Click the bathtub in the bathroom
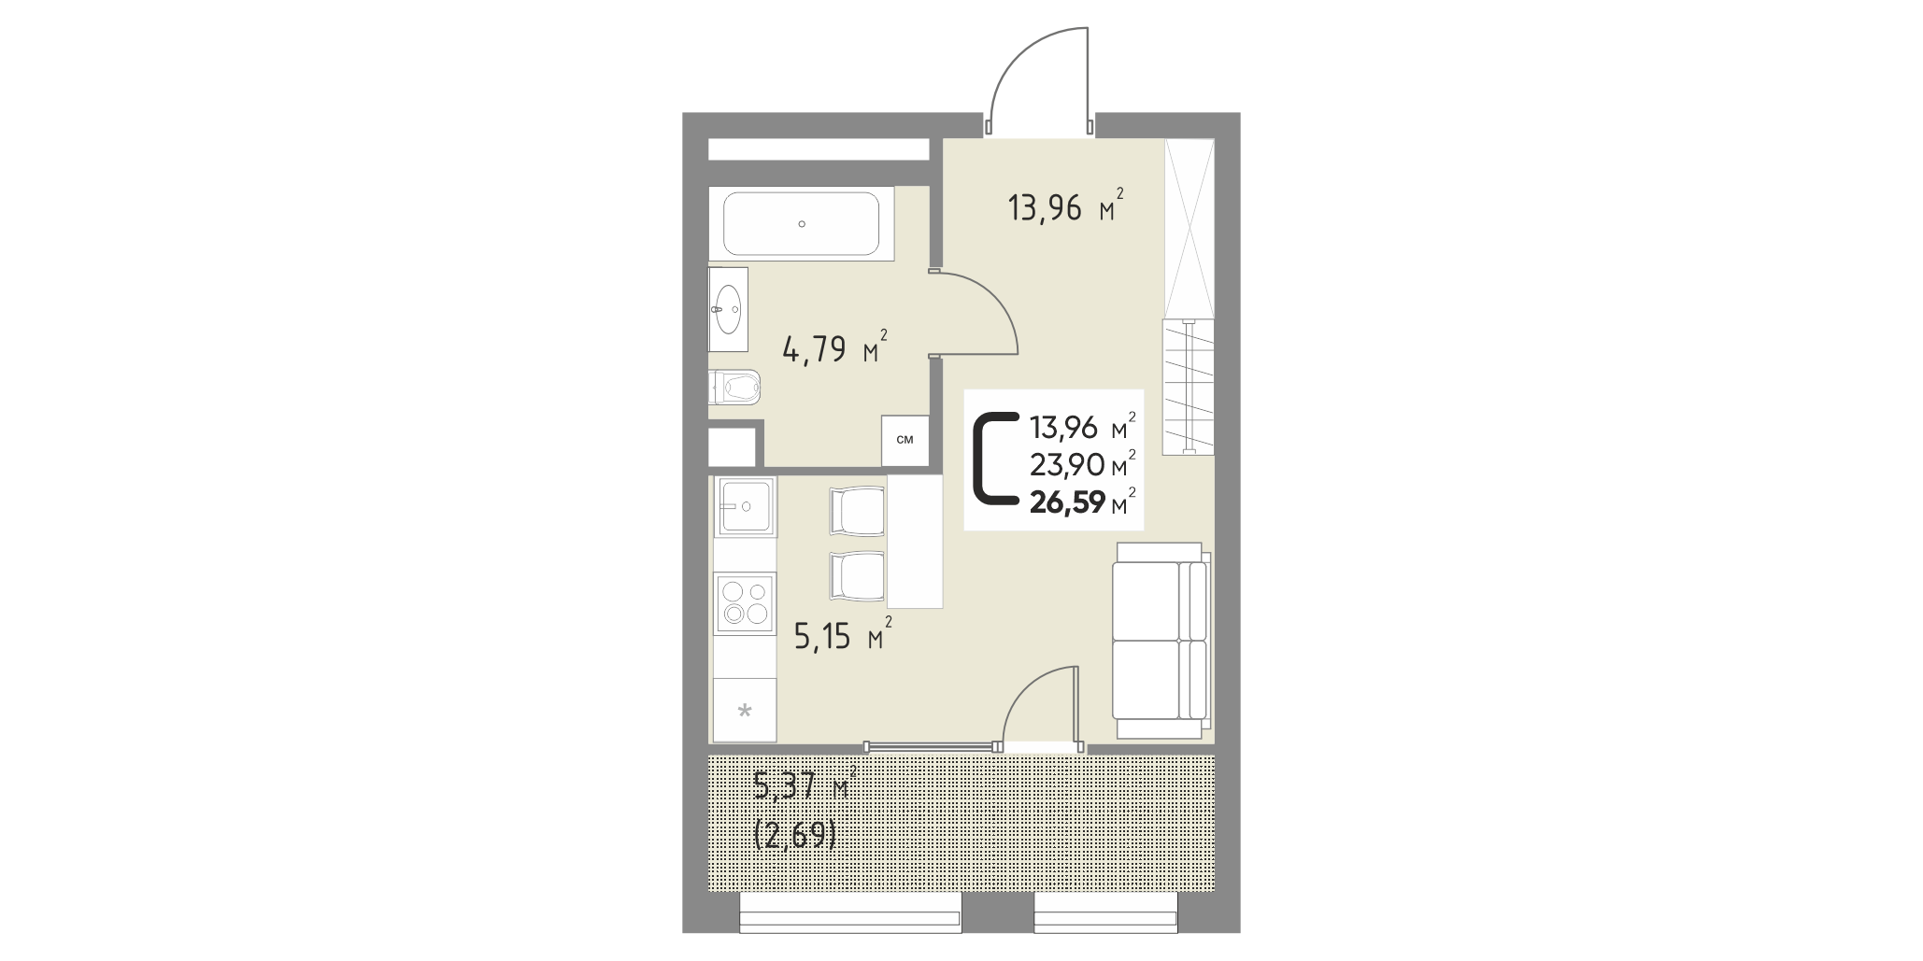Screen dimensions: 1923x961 (802, 223)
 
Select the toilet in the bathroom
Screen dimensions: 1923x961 (735, 386)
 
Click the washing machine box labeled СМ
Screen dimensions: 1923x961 (905, 440)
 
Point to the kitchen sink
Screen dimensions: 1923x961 (745, 506)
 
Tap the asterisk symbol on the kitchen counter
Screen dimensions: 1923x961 (745, 713)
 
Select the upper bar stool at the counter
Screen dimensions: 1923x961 (857, 512)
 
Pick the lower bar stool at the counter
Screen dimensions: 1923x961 (857, 577)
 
